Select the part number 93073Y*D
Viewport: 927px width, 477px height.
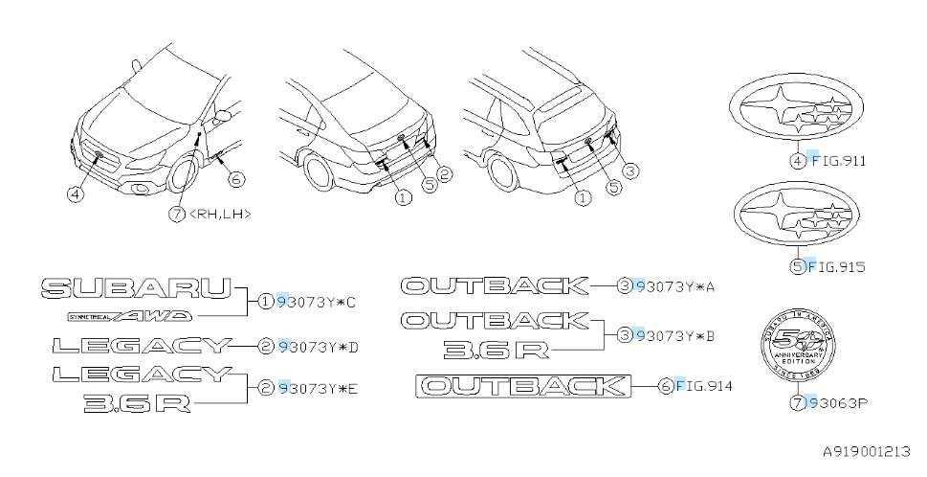click(x=317, y=347)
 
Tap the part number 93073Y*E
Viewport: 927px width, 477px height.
click(x=317, y=388)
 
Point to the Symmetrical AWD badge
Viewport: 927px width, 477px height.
click(x=129, y=315)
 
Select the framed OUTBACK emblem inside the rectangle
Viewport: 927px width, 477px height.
click(x=522, y=386)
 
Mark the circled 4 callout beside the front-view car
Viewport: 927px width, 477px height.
click(x=74, y=193)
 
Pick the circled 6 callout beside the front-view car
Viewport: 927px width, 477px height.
click(x=235, y=177)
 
